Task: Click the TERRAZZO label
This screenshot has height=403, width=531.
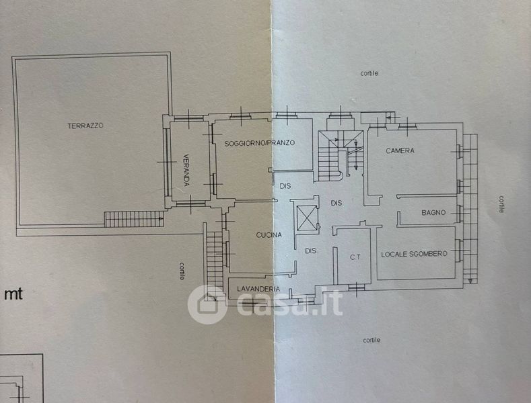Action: pyautogui.click(x=85, y=126)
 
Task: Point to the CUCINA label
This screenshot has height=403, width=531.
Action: pyautogui.click(x=269, y=235)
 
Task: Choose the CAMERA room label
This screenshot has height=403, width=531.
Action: pyautogui.click(x=400, y=150)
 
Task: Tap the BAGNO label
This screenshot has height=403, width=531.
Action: pyautogui.click(x=433, y=213)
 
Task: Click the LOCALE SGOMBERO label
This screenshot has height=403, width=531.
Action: pyautogui.click(x=414, y=253)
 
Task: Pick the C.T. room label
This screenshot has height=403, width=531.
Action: pyautogui.click(x=356, y=257)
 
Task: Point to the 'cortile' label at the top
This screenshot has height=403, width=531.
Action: pyautogui.click(x=369, y=73)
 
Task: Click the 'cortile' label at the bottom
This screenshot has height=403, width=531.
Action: pyautogui.click(x=371, y=340)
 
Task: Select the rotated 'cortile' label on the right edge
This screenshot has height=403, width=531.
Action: pyautogui.click(x=502, y=204)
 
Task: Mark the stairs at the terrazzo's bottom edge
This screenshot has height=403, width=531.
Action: pyautogui.click(x=134, y=219)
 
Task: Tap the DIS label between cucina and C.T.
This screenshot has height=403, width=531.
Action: pyautogui.click(x=310, y=251)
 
